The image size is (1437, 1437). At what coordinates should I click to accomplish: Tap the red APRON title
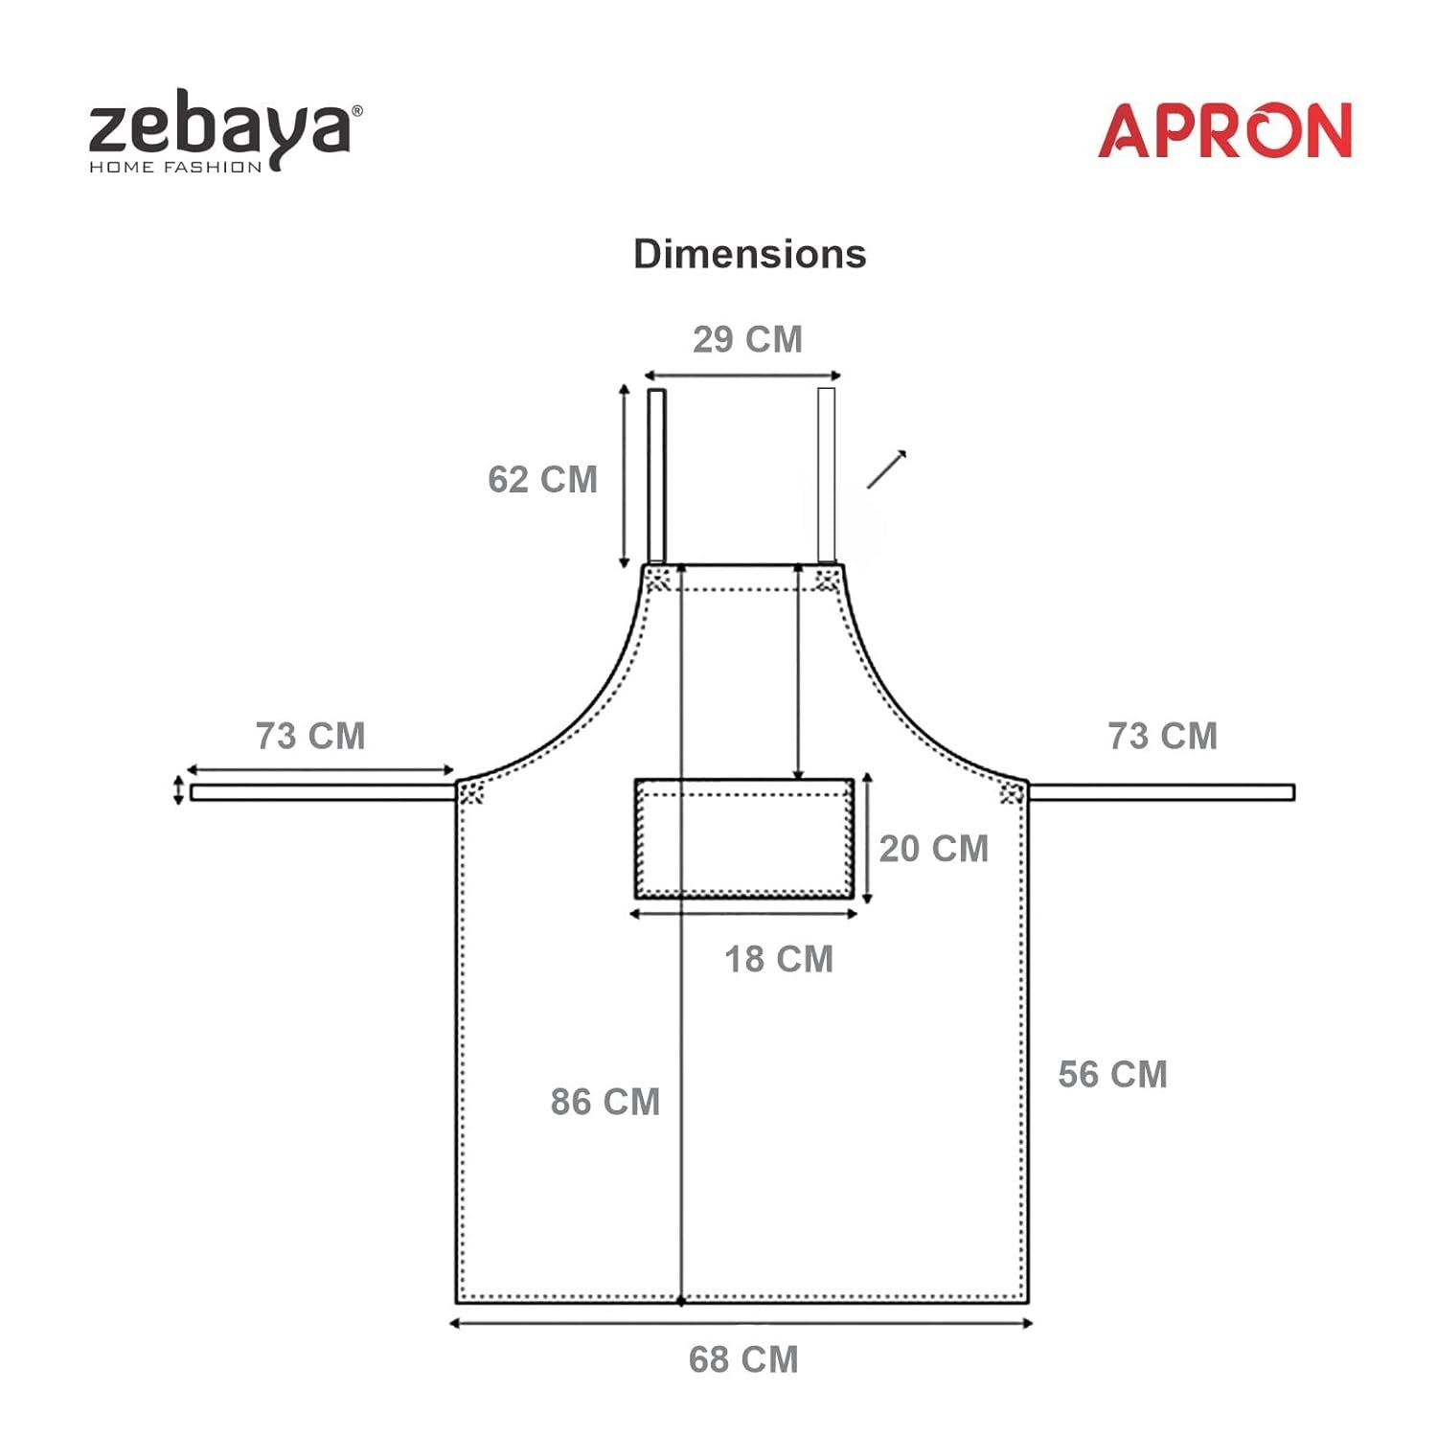click(1224, 130)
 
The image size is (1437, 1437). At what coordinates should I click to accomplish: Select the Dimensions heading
click(750, 255)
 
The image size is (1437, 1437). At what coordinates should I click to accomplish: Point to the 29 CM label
click(747, 339)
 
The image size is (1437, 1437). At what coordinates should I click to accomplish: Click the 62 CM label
click(542, 479)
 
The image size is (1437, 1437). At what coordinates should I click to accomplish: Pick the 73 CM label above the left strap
click(310, 736)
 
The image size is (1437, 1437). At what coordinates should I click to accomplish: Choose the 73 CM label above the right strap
click(1163, 736)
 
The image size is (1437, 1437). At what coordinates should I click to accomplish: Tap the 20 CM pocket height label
click(934, 849)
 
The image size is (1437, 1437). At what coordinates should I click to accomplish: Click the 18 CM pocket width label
click(779, 959)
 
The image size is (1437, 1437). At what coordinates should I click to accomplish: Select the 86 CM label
click(605, 1102)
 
